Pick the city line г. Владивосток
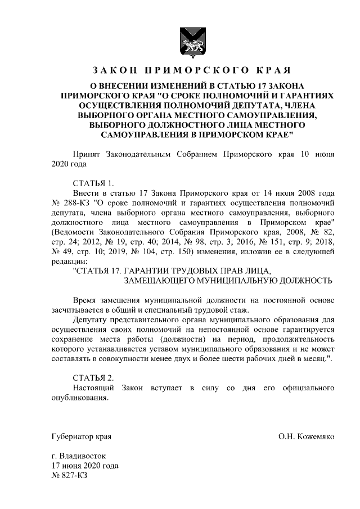(78, 456)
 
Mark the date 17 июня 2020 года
(84, 466)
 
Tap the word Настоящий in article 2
(93, 388)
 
